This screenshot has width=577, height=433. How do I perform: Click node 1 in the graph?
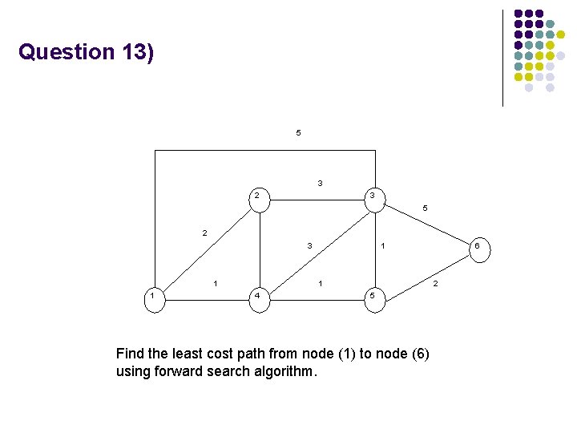153,297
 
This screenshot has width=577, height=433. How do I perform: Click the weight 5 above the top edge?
298,132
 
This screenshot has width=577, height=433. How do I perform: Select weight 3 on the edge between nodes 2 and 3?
320,184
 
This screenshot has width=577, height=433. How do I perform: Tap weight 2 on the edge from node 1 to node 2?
204,233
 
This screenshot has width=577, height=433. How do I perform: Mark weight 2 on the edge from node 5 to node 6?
435,283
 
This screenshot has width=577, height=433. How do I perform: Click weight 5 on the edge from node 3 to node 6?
426,208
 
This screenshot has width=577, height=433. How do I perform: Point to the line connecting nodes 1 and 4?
205,297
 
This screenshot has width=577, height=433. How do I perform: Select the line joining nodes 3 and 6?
425,225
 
